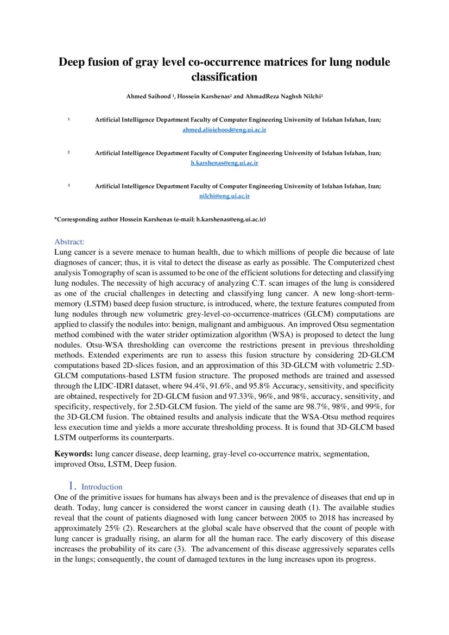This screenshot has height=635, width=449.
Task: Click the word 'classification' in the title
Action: (224, 77)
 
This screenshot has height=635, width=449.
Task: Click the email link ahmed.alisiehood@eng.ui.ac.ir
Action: (224, 130)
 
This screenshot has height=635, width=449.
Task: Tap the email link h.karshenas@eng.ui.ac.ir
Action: (224, 163)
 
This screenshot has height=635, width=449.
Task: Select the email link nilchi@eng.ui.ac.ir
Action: (224, 196)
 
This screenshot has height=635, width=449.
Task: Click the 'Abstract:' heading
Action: (69, 242)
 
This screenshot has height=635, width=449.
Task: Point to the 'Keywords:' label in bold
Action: (73, 454)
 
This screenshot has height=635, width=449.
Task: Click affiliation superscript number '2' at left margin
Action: (69, 153)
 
